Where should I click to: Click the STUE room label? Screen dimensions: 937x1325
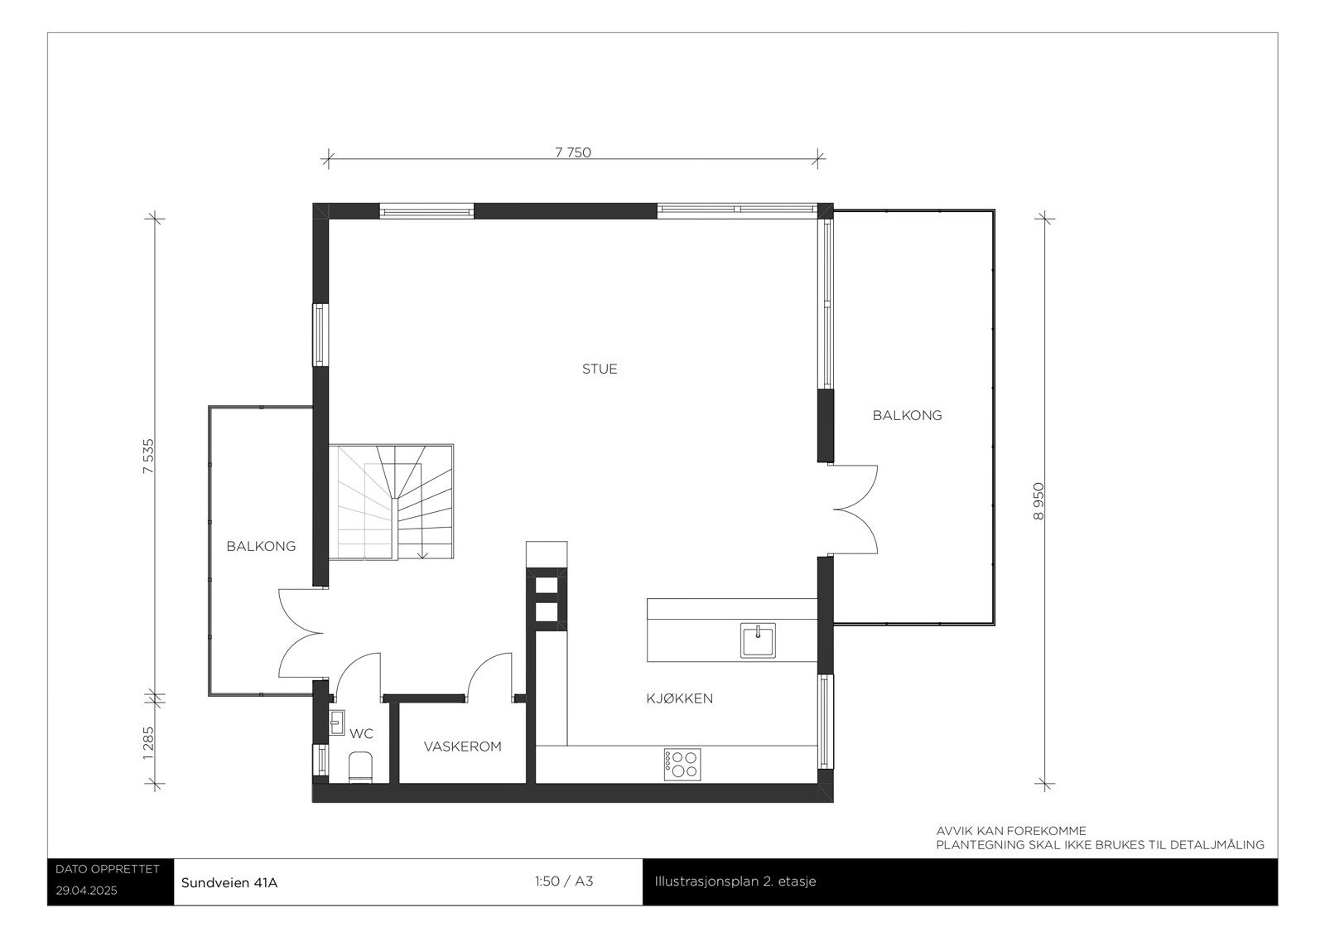[x=600, y=369]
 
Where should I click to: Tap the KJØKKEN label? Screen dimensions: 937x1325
[x=679, y=698]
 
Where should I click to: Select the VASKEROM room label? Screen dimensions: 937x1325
[x=462, y=746]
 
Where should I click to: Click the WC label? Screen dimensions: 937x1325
[x=362, y=734]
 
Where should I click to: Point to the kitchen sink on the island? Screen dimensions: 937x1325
[x=759, y=640]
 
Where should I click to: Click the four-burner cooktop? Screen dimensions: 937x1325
[x=682, y=763]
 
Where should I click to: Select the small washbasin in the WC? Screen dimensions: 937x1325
[x=336, y=722]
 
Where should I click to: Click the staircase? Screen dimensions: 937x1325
[x=395, y=502]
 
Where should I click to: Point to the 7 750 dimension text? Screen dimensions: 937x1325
[x=573, y=152]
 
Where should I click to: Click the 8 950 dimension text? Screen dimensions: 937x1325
[x=1038, y=501]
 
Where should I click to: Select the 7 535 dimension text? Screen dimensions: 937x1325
[x=149, y=456]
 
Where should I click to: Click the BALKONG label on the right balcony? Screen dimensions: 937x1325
[x=907, y=416]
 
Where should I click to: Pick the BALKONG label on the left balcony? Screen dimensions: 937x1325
[x=261, y=547]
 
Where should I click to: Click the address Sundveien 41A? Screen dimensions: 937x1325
[x=229, y=882]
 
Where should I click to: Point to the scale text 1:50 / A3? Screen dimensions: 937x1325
[x=564, y=881]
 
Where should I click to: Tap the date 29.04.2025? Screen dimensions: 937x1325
[x=87, y=891]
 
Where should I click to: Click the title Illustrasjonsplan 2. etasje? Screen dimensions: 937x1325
[x=735, y=881]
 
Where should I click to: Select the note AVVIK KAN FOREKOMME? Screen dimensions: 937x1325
[x=1010, y=831]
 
